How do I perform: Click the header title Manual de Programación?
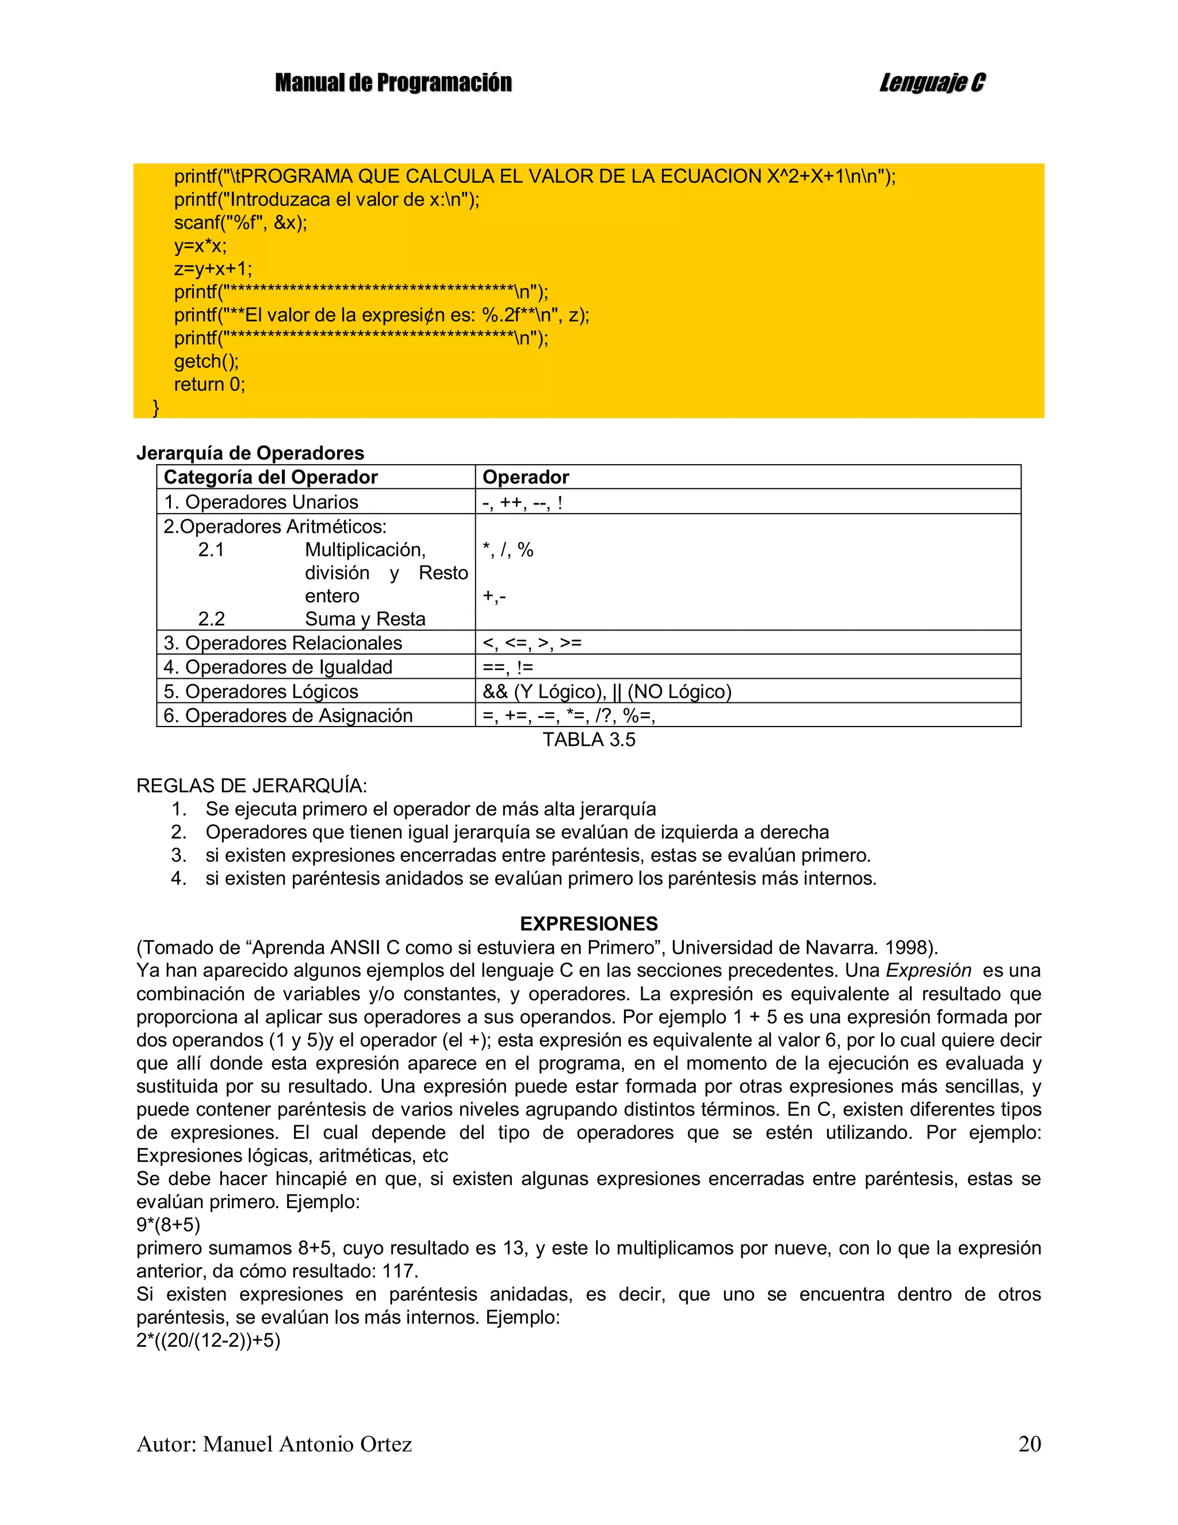point(393,83)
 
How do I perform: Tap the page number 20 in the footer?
point(1029,1443)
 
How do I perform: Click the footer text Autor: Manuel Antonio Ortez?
point(274,1443)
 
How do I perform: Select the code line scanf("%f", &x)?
point(240,223)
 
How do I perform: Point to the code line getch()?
point(206,361)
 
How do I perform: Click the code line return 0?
point(209,384)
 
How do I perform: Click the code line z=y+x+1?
point(212,269)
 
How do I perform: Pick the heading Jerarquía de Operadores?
point(250,453)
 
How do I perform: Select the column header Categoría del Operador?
point(270,477)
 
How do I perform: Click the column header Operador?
point(525,477)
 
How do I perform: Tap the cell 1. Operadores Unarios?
point(261,502)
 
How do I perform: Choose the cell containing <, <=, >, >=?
point(531,643)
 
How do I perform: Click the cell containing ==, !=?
point(508,667)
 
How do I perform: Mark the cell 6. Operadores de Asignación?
point(288,715)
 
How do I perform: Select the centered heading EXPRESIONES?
point(588,924)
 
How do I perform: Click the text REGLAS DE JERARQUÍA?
point(251,786)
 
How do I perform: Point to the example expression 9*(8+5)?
point(169,1225)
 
